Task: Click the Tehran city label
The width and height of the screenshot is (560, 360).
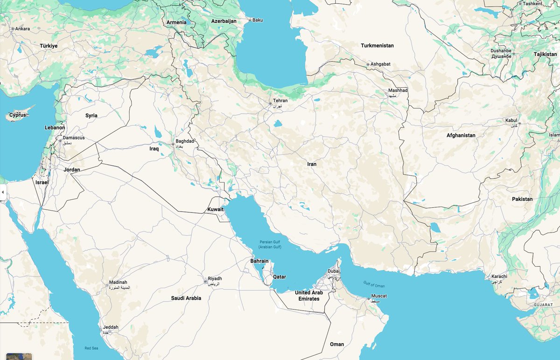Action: coord(280,101)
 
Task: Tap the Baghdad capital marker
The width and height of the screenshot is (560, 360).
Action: coord(173,145)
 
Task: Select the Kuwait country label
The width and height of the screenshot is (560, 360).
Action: coord(216,210)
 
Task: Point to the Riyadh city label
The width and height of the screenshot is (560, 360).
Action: coord(215,279)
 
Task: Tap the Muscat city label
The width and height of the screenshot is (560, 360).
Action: coord(379,296)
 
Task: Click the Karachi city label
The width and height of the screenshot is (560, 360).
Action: coord(499,276)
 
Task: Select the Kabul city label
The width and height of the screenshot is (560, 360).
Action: coord(511,120)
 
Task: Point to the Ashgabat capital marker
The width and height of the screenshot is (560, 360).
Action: coord(368,64)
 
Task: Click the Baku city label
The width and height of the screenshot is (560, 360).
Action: coord(258,20)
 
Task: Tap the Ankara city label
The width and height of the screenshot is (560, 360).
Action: coord(22,28)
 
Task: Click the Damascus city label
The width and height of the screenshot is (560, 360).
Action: coord(74,138)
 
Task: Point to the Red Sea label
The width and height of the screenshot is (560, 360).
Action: coord(91,348)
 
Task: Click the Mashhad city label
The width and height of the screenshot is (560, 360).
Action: coord(398,90)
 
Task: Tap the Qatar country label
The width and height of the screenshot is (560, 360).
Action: coord(280,277)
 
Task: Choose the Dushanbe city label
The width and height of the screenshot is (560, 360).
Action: coord(501,50)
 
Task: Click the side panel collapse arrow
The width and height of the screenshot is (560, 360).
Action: coord(2,192)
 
